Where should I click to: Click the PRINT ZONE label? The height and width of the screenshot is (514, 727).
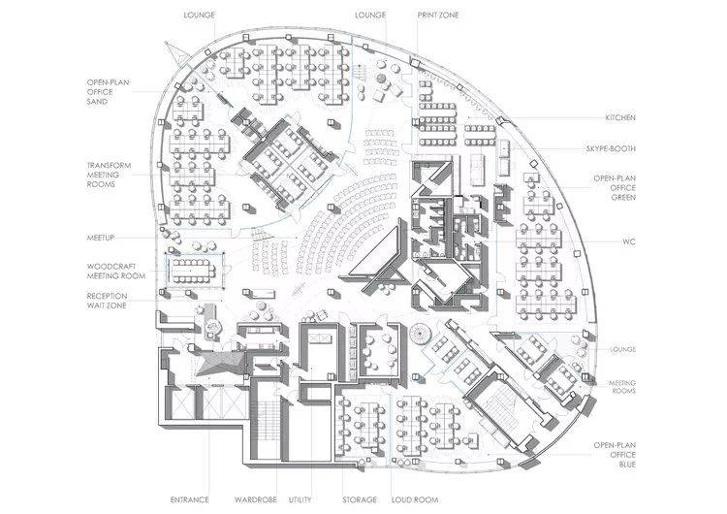tap(438, 15)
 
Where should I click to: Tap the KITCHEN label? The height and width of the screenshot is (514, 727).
tap(620, 117)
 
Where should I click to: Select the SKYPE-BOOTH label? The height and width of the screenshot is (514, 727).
tap(611, 149)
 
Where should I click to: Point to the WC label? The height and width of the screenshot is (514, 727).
tap(629, 241)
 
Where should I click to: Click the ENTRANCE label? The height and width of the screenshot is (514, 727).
tap(190, 499)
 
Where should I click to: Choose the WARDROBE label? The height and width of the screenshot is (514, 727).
tap(256, 499)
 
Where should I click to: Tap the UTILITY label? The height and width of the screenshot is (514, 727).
tap(300, 499)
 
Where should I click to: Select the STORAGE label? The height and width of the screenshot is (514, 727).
tap(360, 499)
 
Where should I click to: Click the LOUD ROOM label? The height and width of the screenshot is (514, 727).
tap(415, 499)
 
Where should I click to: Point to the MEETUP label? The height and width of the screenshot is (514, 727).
tap(101, 238)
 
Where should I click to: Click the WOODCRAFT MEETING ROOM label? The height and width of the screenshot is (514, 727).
tap(116, 272)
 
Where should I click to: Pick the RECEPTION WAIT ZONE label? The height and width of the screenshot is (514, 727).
tap(107, 301)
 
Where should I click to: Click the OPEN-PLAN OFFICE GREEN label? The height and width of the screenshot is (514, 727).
tap(615, 188)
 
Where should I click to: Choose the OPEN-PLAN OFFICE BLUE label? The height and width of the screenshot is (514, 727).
tap(615, 455)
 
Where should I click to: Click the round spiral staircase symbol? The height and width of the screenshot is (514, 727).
tap(421, 333)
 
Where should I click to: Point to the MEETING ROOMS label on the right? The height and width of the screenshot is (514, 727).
tap(622, 387)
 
